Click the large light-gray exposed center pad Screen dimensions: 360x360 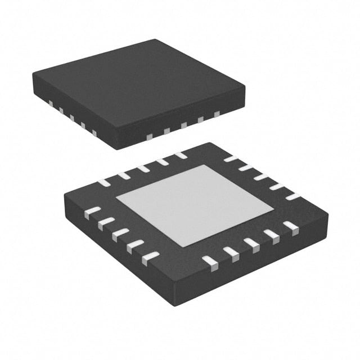click(x=195, y=205)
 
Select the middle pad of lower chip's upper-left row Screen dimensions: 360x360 click(x=143, y=168)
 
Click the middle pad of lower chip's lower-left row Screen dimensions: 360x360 click(x=120, y=235)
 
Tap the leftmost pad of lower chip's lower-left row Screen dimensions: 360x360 click(x=91, y=213)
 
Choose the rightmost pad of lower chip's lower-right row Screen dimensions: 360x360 click(x=290, y=226)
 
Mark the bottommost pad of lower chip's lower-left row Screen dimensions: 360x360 click(x=150, y=258)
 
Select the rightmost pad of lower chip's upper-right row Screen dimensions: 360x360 click(x=292, y=196)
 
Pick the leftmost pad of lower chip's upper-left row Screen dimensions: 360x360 click(x=105, y=182)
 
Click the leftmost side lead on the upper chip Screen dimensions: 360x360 click(x=49, y=103)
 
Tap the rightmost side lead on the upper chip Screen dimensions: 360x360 click(x=217, y=114)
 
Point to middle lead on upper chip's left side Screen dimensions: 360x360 click(x=71, y=118)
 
